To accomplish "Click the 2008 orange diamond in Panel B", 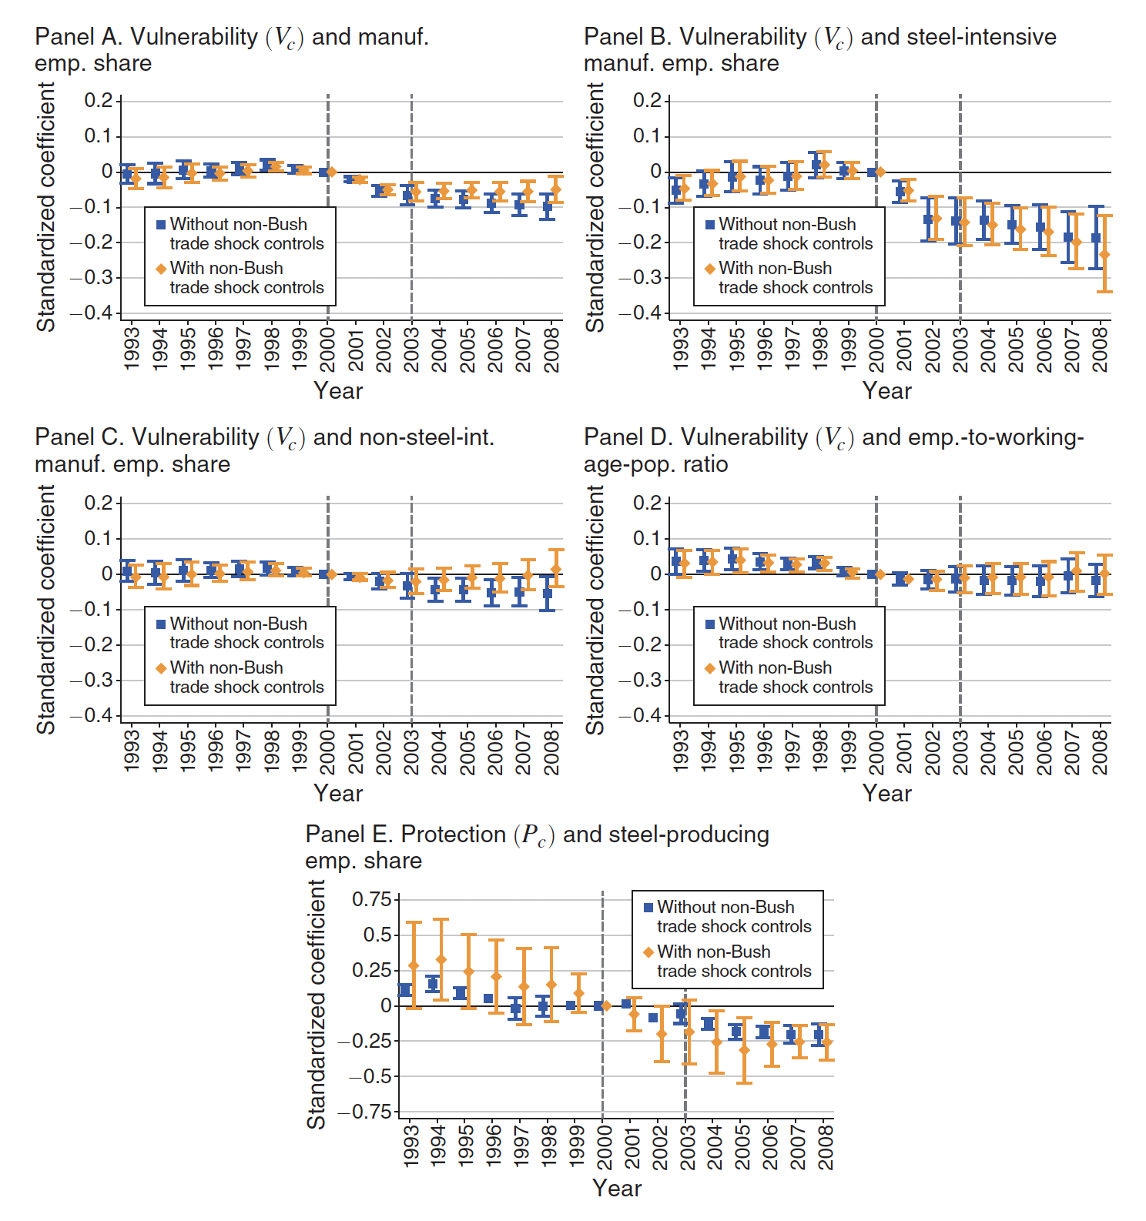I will click(x=1104, y=254).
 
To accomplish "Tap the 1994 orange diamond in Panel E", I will click(x=441, y=959).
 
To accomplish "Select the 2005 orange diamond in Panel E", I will click(x=744, y=1049).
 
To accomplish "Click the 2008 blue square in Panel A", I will click(x=548, y=206).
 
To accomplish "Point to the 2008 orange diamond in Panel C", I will click(x=556, y=570).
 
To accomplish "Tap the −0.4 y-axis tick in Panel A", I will click(x=92, y=313).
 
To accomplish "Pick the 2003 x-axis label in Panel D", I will click(x=960, y=751).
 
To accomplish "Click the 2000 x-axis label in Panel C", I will click(x=327, y=751).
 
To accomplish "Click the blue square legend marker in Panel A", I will click(x=161, y=225).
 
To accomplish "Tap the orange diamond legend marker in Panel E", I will click(x=648, y=952).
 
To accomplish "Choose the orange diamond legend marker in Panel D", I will click(x=710, y=668).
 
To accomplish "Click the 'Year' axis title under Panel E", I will click(x=617, y=1188).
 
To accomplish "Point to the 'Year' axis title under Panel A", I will click(x=338, y=390).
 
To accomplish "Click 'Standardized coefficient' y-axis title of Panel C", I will click(x=46, y=609).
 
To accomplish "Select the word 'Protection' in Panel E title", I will click(x=454, y=835).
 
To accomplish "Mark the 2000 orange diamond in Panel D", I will click(x=880, y=574).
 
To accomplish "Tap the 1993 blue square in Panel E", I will click(x=405, y=990).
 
